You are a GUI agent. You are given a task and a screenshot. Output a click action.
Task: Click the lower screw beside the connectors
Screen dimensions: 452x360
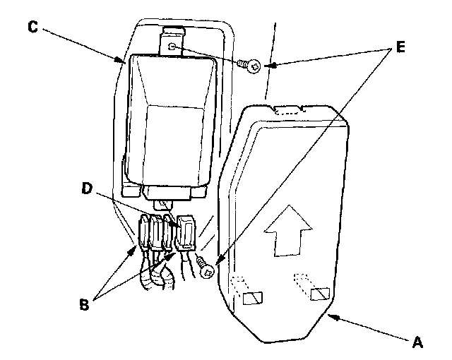pos(206,268)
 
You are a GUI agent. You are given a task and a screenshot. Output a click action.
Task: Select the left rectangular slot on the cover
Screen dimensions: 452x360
pos(252,299)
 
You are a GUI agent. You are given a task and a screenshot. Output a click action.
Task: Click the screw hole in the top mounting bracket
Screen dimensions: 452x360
pos(172,47)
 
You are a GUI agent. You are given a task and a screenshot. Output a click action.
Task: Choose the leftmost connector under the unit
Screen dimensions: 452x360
pos(142,233)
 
